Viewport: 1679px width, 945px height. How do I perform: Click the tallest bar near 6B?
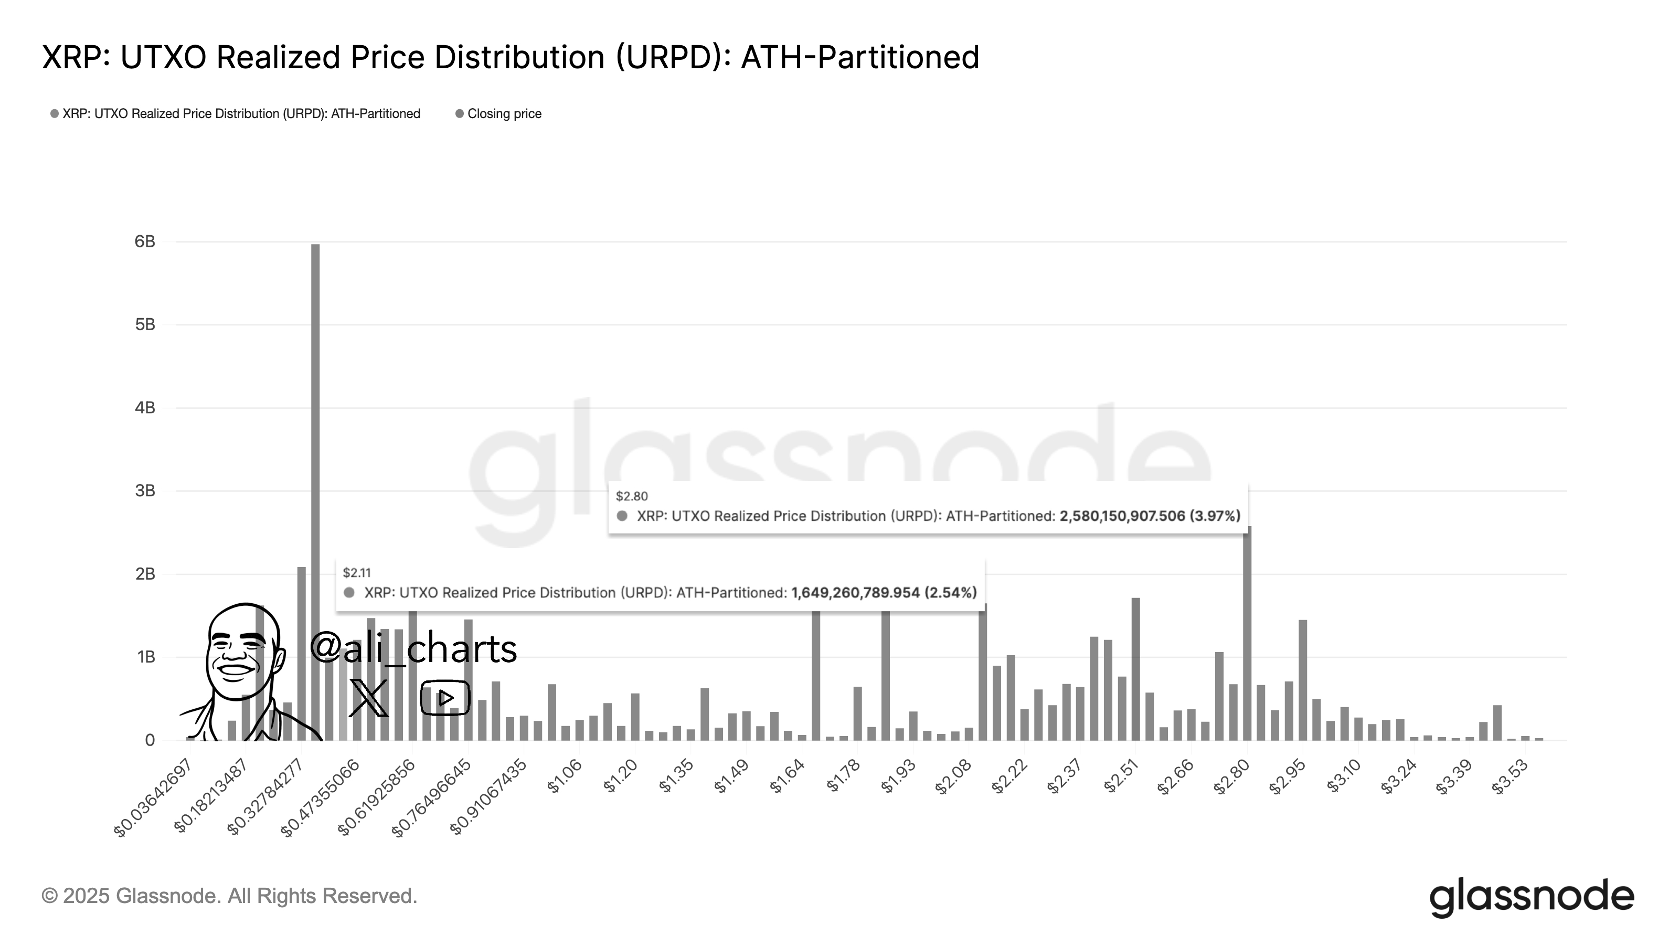(315, 489)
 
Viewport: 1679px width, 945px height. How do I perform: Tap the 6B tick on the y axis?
(145, 242)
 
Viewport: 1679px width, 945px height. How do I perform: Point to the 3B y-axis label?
(145, 491)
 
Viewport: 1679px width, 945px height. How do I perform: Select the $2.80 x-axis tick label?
(1232, 778)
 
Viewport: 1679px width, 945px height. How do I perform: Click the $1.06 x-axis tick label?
(565, 778)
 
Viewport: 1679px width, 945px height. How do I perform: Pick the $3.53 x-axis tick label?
(1510, 778)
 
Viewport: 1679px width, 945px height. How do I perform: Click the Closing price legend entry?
(504, 114)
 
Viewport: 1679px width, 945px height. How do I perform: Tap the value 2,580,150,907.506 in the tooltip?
(1122, 517)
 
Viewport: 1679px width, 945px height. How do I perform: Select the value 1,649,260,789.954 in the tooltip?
(855, 593)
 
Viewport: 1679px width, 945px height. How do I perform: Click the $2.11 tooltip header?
(357, 573)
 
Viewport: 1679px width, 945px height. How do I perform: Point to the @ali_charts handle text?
(413, 648)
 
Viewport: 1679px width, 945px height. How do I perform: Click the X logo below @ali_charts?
(368, 698)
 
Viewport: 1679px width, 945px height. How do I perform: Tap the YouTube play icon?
(445, 698)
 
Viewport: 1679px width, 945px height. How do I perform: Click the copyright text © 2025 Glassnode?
(229, 896)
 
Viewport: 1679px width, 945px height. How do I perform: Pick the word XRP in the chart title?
(72, 57)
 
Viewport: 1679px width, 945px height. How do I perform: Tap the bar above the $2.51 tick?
(1135, 668)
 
